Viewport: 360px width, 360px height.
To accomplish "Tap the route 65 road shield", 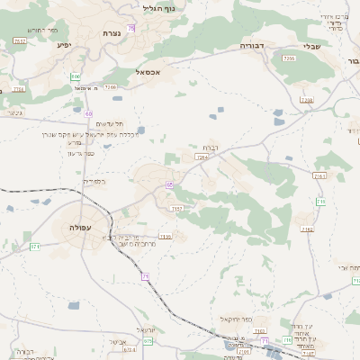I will click(168, 184).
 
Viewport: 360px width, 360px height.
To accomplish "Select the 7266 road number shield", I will click(289, 58).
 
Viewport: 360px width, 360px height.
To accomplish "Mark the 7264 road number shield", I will click(202, 157).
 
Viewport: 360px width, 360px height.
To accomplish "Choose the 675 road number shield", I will click(148, 342).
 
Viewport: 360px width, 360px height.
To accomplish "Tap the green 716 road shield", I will click(321, 201).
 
